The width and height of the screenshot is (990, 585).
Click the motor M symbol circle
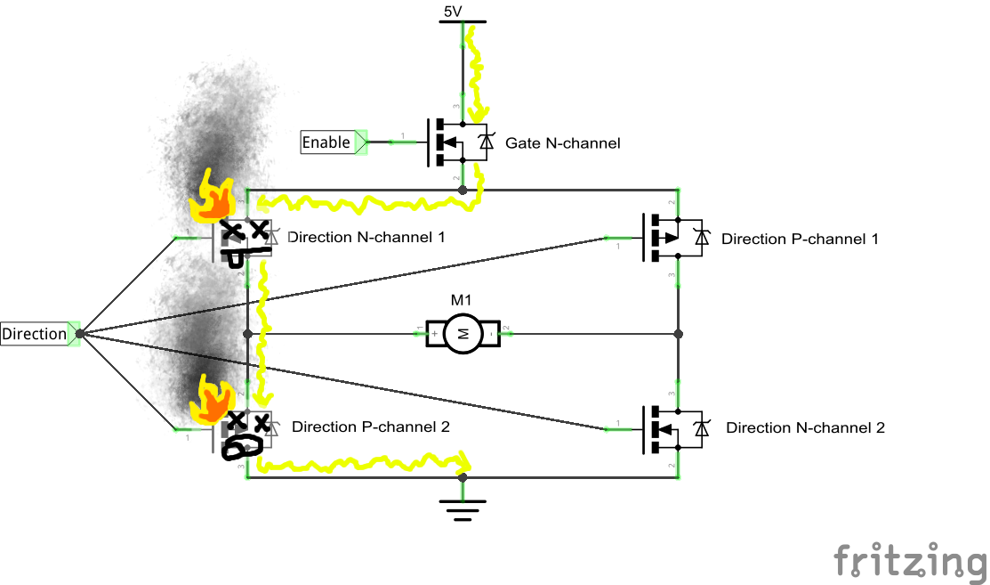coord(462,334)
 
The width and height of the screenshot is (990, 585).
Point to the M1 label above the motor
coord(462,300)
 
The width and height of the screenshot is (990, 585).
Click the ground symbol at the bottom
coord(463,508)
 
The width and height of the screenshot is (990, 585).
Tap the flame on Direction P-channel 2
coord(213,401)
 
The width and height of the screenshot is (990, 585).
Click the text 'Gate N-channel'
coord(562,142)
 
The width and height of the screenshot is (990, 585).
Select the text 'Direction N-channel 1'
coord(366,238)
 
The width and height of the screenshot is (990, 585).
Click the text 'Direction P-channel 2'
coord(371,427)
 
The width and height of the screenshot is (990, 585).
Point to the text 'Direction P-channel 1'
coord(800,239)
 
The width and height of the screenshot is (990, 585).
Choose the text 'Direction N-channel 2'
coord(805,427)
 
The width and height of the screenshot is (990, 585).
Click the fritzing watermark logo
coord(910,562)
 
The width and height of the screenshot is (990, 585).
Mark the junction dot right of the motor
coord(678,334)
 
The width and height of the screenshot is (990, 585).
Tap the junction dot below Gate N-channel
coord(462,191)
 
